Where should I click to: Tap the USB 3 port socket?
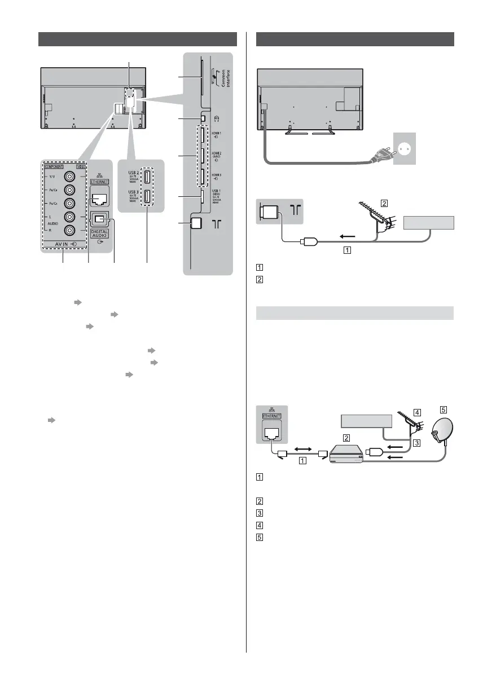tap(146, 198)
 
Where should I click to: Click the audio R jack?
tap(70, 230)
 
